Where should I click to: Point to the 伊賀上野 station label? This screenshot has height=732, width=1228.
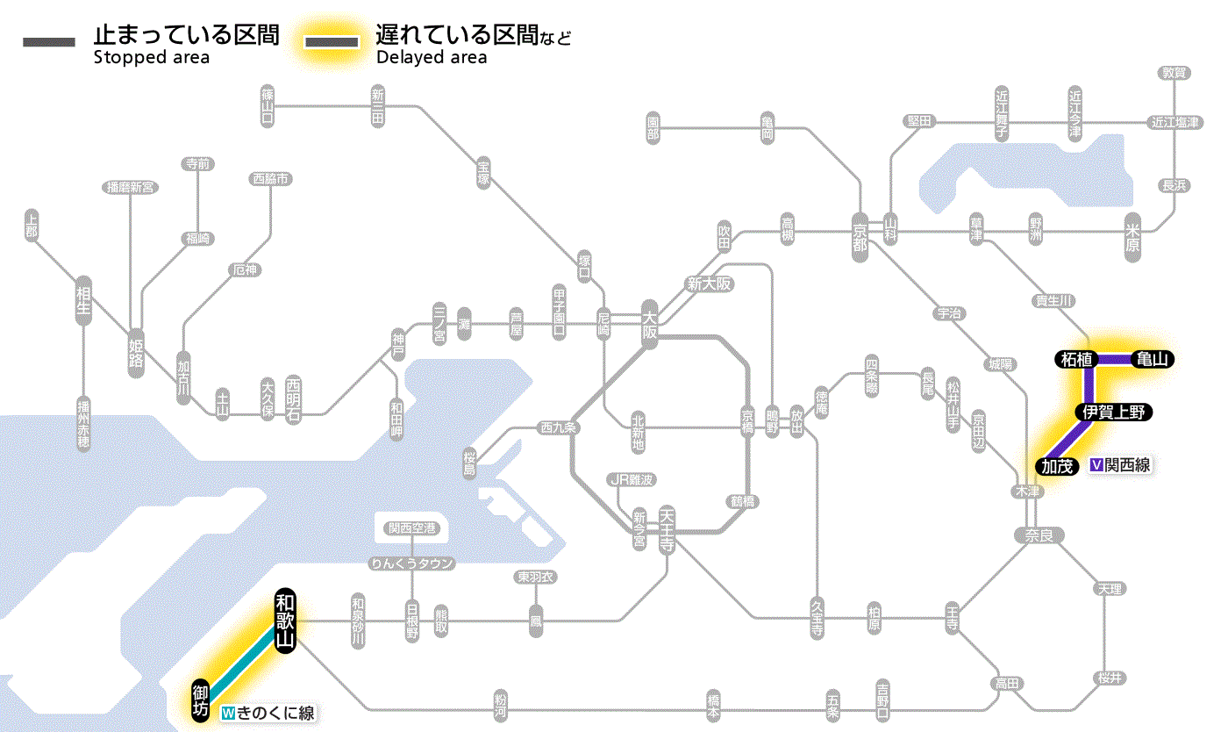tap(1113, 412)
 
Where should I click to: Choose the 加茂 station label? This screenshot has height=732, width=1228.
tap(1058, 465)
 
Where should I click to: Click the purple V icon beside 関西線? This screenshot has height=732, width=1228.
tap(1096, 465)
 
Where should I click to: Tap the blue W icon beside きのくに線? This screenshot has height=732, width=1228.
tap(229, 713)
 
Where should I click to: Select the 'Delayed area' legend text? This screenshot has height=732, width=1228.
tap(431, 59)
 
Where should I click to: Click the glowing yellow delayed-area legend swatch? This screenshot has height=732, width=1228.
tap(331, 42)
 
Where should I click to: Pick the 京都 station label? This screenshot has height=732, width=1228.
tap(860, 233)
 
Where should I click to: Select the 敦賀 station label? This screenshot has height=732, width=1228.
tap(1174, 73)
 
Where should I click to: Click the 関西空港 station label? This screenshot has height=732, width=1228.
tap(411, 528)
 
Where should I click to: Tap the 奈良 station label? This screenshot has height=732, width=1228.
tap(1038, 535)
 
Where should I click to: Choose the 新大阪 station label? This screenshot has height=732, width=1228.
tap(709, 283)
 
